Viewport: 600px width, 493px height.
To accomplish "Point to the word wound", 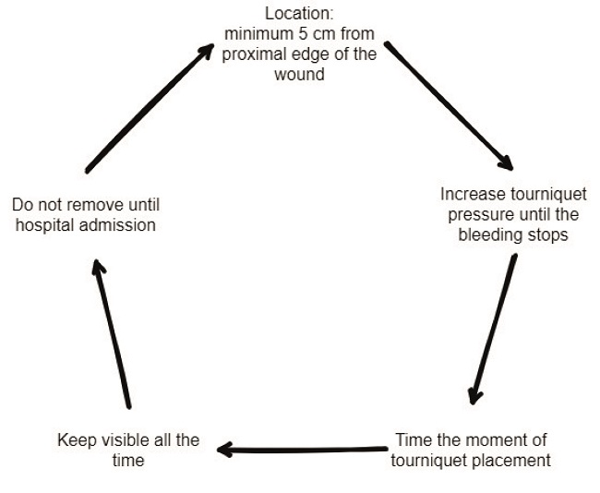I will (300, 74).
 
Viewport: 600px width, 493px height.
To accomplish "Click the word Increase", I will (471, 196).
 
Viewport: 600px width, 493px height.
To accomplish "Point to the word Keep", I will (74, 440).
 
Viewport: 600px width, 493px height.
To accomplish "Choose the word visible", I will (121, 440).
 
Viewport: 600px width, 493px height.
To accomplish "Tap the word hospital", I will (46, 224).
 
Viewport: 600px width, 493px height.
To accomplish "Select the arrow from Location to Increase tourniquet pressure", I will (447, 104).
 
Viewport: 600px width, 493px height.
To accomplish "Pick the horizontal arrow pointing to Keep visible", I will (302, 451).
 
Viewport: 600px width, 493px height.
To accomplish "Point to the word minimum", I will (255, 35).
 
